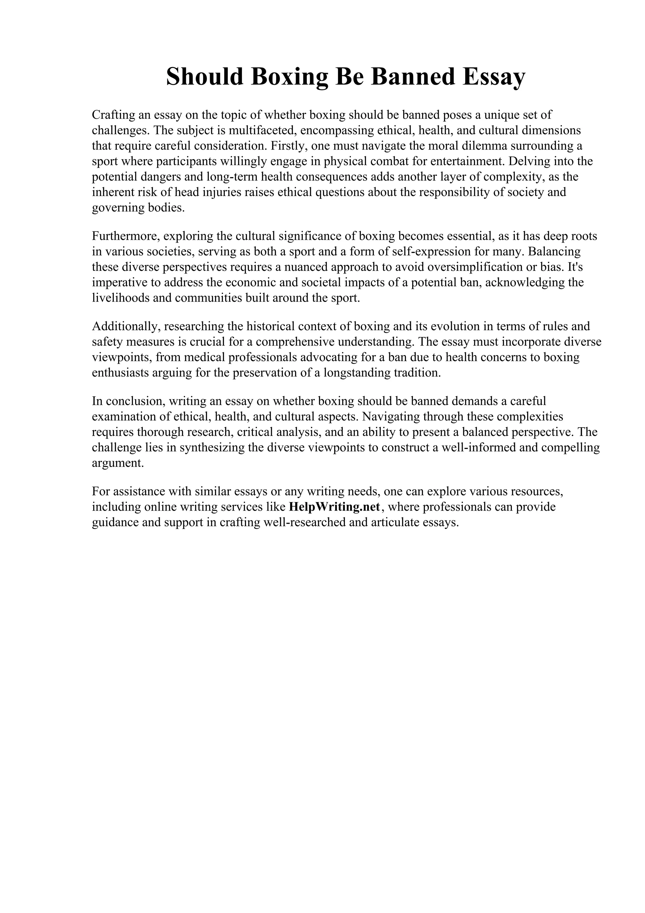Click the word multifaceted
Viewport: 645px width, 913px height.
(262, 130)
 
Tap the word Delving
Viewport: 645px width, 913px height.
(529, 161)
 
